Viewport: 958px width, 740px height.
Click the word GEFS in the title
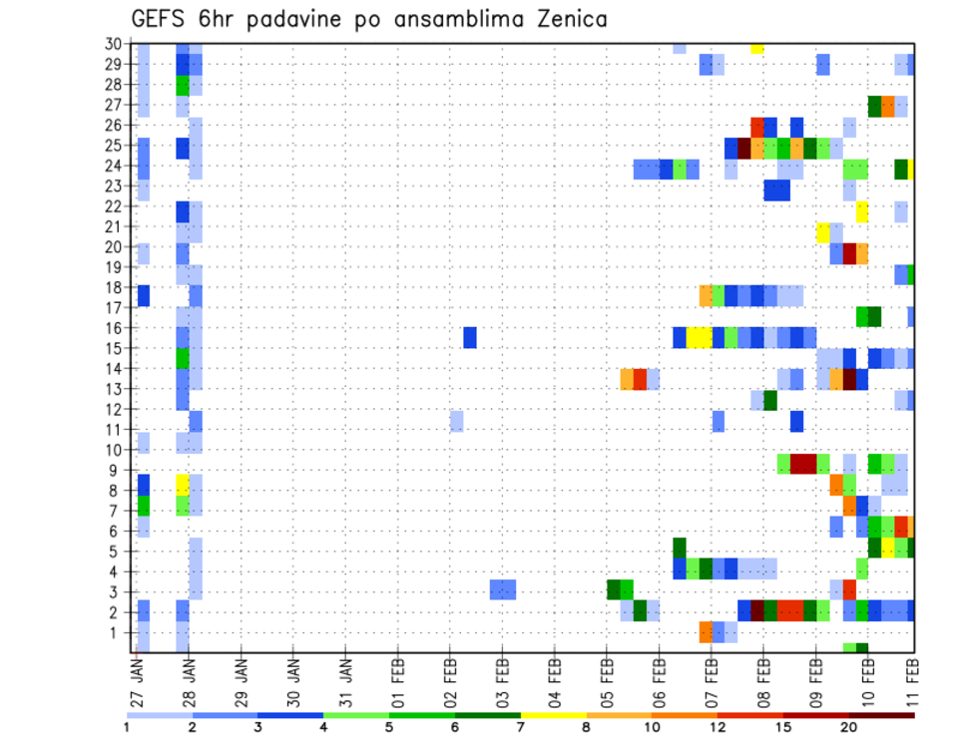161,20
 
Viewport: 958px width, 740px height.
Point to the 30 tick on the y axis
113,43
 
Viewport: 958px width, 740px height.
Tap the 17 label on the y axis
113,308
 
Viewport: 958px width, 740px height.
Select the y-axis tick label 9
117,471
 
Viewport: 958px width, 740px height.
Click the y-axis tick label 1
117,632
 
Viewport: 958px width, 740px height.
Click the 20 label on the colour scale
849,727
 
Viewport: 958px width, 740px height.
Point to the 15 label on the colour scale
783,727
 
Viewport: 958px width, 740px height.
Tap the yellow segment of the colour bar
554,715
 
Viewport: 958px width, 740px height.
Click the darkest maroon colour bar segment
882,715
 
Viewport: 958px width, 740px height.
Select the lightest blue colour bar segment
159,715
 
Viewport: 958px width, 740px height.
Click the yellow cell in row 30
757,47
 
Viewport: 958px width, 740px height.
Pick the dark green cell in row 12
770,400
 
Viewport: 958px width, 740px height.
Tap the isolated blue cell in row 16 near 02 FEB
470,337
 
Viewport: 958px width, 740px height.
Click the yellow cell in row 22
862,211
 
